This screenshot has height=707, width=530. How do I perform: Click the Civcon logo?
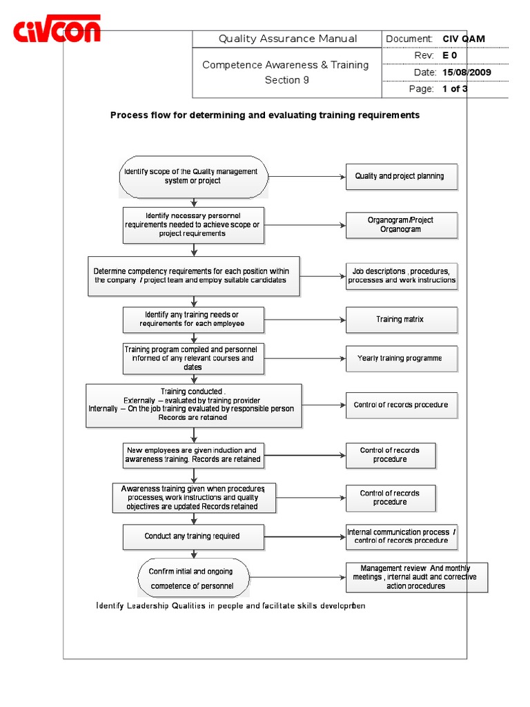(58, 30)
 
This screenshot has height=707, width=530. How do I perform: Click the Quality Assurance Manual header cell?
(287, 39)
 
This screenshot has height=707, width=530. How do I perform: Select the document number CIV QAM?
(464, 39)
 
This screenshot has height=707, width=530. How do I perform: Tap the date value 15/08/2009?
(467, 72)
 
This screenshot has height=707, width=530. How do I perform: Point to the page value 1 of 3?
(455, 89)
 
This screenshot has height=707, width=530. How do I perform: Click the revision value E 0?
(450, 56)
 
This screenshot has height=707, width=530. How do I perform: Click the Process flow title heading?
(265, 115)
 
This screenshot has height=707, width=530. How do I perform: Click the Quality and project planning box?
(400, 176)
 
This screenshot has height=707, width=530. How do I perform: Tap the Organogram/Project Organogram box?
(400, 224)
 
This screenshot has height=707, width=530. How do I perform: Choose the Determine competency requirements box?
(193, 275)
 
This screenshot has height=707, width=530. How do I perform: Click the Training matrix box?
(400, 320)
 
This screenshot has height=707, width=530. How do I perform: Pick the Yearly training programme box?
(400, 358)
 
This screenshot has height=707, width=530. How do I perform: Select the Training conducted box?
(193, 405)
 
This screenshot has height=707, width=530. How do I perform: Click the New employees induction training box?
(193, 455)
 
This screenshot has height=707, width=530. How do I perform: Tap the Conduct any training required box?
(193, 536)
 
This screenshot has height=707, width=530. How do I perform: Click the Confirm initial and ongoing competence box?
(193, 579)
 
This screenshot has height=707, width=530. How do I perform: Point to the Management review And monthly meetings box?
(416, 577)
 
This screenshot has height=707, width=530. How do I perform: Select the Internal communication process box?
(401, 536)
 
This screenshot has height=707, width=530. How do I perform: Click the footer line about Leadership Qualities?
(230, 606)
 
